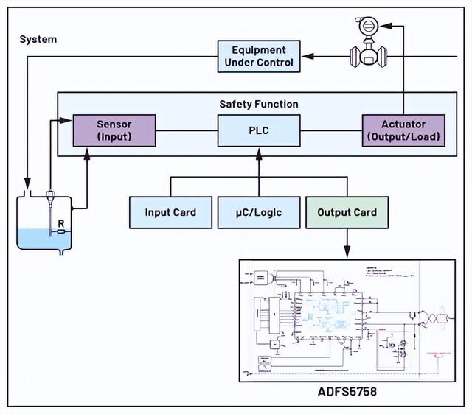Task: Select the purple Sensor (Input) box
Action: pos(114,130)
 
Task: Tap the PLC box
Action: pos(258,130)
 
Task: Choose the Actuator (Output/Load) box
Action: pos(403,130)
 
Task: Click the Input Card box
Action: pos(170,212)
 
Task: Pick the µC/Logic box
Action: pos(258,212)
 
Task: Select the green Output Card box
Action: pos(347,212)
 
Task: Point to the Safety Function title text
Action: pos(258,105)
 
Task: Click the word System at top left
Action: pos(38,39)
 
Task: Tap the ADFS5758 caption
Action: pos(346,392)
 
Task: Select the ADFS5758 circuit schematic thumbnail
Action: pos(346,320)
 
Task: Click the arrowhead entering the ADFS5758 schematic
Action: pos(347,253)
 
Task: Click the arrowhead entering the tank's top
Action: pos(27,183)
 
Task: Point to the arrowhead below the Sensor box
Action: pos(88,152)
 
